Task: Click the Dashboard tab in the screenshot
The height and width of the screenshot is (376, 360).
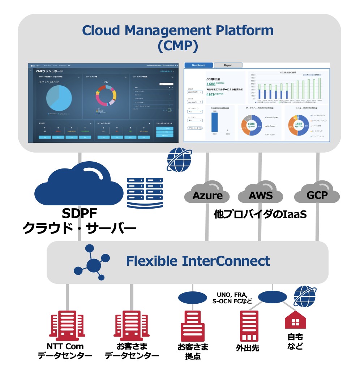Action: [198, 65]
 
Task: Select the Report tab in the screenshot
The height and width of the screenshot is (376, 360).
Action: [228, 65]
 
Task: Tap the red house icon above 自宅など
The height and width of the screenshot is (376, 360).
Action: [295, 320]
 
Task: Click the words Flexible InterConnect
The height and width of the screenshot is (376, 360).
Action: [198, 261]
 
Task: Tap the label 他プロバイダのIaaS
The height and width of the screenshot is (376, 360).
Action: [260, 214]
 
